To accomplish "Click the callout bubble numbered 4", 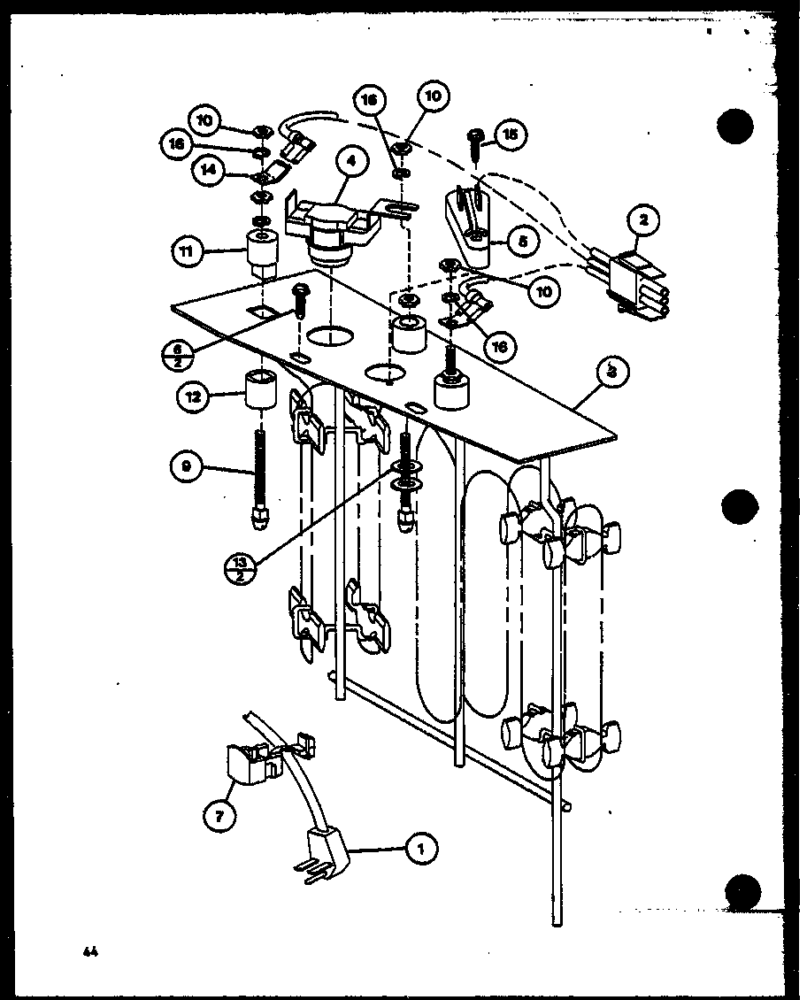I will pos(351,161).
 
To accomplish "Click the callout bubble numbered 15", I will pos(511,135).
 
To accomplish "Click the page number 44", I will pos(88,952).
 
